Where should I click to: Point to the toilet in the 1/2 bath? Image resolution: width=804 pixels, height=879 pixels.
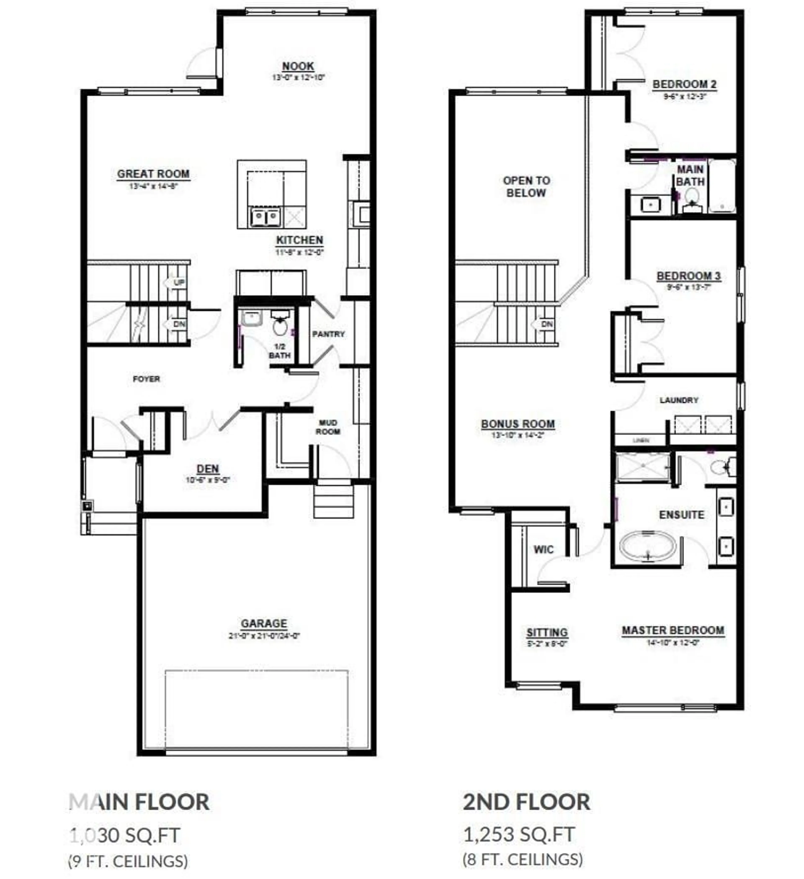[280, 323]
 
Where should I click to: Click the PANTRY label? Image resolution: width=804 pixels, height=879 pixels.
[328, 334]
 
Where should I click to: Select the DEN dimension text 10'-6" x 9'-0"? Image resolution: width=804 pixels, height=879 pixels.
[207, 480]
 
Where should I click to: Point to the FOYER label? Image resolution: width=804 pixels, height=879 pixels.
[147, 379]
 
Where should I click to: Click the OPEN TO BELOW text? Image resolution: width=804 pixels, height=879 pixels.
[526, 187]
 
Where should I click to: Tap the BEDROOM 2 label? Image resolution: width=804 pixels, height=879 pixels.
[684, 84]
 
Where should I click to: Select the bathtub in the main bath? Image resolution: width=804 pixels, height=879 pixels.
[722, 186]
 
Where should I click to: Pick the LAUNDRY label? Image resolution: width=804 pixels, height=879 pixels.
[679, 400]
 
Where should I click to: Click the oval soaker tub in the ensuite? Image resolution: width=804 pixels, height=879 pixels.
[648, 545]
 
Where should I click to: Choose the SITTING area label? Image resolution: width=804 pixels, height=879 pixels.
[547, 632]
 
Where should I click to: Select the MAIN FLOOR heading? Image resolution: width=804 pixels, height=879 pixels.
[139, 802]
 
